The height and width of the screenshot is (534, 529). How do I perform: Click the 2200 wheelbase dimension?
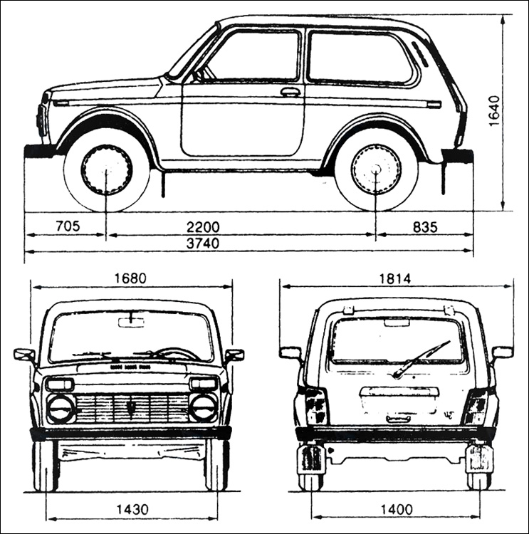click(x=203, y=227)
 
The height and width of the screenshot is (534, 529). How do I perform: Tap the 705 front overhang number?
click(x=68, y=226)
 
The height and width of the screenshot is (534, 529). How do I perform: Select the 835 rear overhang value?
click(x=425, y=227)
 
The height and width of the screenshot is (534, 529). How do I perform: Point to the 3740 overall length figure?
click(x=203, y=244)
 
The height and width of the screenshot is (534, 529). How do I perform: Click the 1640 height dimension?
click(x=494, y=111)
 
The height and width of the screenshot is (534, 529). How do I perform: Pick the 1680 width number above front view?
click(x=130, y=278)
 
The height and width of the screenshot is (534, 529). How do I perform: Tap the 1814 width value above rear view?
click(x=395, y=278)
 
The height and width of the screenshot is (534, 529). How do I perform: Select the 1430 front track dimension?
click(x=133, y=510)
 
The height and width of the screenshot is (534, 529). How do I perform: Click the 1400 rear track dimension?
click(x=396, y=510)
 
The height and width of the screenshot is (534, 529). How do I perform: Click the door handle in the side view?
click(x=290, y=91)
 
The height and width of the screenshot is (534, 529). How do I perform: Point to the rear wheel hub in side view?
click(x=376, y=169)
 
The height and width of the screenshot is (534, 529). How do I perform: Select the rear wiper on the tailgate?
click(x=420, y=360)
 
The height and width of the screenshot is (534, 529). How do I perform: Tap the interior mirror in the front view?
click(x=131, y=322)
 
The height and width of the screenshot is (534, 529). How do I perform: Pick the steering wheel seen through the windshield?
click(x=177, y=353)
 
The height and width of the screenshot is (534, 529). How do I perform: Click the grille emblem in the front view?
click(x=131, y=407)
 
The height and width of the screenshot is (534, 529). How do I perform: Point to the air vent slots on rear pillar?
click(x=421, y=53)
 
